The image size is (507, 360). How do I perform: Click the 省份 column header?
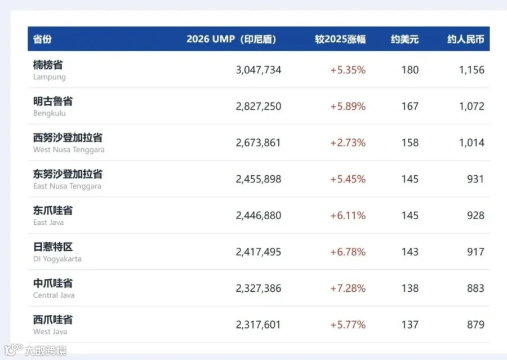coord(42,39)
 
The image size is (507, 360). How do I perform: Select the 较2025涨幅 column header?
coord(340,39)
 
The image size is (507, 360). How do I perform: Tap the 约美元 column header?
coord(404,39)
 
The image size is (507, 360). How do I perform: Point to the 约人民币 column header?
coord(466,39)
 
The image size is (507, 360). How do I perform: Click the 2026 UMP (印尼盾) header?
coord(231,39)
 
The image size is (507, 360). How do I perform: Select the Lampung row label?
coord(49,77)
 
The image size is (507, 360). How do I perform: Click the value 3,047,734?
coord(259,70)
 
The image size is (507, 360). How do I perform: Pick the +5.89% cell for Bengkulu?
coord(348,106)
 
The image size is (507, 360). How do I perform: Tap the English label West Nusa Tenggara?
coord(69,150)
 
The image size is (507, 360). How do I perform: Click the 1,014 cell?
coord(472,143)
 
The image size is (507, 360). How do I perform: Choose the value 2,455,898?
coord(259,179)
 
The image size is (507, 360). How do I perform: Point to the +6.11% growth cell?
coord(348,215)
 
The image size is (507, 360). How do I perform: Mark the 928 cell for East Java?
coord(475,215)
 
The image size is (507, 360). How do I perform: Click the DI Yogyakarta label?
coord(57,259)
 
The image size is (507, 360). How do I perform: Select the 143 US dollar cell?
coord(410,252)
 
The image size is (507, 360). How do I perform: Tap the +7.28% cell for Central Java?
coord(348,288)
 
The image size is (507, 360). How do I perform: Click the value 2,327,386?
coord(259,288)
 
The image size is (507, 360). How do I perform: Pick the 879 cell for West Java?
coord(475,325)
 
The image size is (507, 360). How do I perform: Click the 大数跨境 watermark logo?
coord(35,350)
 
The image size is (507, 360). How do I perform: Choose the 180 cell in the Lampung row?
coord(410,70)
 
